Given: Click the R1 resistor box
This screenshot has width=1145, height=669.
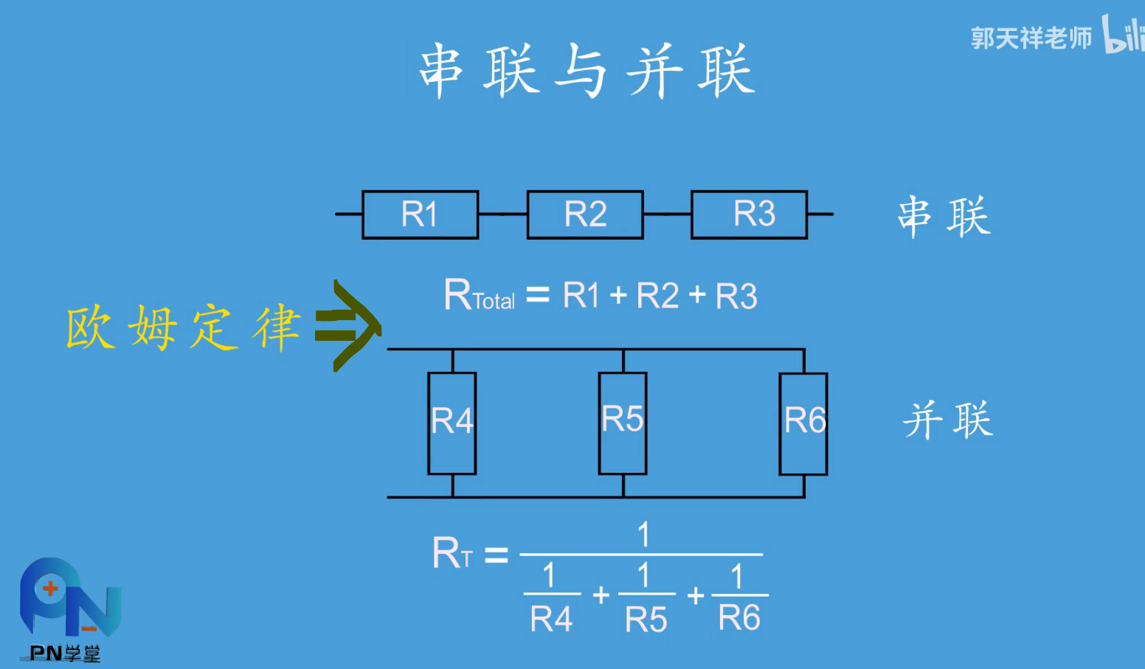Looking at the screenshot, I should pyautogui.click(x=420, y=215).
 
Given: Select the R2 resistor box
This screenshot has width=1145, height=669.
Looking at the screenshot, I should pyautogui.click(x=585, y=215).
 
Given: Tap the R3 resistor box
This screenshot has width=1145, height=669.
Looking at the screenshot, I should pyautogui.click(x=749, y=215).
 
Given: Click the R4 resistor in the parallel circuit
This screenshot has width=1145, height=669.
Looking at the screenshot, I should pyautogui.click(x=452, y=423).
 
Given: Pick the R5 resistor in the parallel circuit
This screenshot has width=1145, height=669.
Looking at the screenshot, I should pyautogui.click(x=623, y=423).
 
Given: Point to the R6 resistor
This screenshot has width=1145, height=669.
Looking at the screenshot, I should pyautogui.click(x=803, y=423).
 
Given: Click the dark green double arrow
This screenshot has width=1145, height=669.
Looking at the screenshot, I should pyautogui.click(x=347, y=325).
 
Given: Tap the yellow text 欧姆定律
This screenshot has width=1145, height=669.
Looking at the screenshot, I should pyautogui.click(x=183, y=327).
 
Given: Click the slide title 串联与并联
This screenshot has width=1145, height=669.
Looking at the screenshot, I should pyautogui.click(x=587, y=71).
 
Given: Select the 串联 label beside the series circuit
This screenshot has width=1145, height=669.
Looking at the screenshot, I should pyautogui.click(x=944, y=217).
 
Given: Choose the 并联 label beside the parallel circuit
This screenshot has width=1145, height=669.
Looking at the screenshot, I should pyautogui.click(x=948, y=420).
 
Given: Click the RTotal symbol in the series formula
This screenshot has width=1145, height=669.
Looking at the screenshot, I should pyautogui.click(x=479, y=296).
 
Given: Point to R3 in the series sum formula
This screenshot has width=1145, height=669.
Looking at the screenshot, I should pyautogui.click(x=736, y=297).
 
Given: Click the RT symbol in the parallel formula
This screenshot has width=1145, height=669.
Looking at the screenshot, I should pyautogui.click(x=452, y=553).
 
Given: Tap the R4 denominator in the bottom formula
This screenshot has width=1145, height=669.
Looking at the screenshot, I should pyautogui.click(x=551, y=619).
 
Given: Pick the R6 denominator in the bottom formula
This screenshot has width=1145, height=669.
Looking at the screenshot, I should pyautogui.click(x=739, y=618).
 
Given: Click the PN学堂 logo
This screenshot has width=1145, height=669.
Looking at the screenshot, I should pyautogui.click(x=68, y=609).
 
